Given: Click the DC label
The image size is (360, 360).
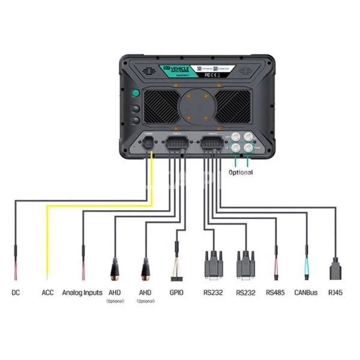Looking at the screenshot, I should tap(16, 293).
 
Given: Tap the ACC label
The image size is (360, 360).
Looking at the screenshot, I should tap(47, 293).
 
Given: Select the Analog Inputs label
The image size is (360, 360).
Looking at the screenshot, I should tap(82, 293).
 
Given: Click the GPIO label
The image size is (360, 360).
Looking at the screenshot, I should tap(176, 293).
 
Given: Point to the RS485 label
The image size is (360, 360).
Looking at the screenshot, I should tap(275, 293).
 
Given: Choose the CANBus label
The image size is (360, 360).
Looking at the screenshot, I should tap(305, 293).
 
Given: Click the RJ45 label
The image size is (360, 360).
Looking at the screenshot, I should tap(335, 293).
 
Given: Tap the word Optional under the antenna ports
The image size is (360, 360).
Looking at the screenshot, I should tap(241, 172).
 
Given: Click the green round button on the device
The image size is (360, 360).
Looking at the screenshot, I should tap(136, 94).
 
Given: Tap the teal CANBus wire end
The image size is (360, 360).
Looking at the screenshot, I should tap(306, 264).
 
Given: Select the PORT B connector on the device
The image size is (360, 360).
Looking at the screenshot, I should tap(210, 144).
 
